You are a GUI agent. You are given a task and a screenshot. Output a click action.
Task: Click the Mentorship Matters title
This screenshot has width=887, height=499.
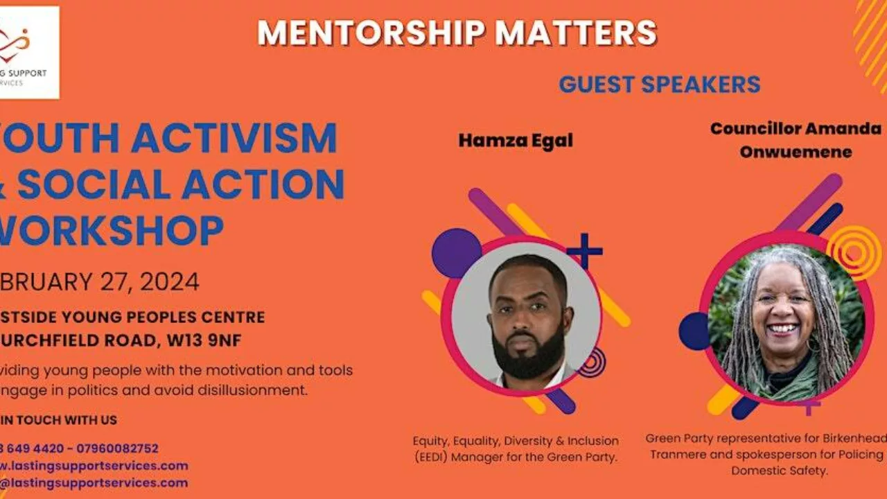457,33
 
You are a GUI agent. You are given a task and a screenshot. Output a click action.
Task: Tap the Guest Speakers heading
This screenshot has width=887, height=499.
660,85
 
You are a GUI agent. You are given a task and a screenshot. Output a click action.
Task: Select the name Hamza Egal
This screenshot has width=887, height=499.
516,141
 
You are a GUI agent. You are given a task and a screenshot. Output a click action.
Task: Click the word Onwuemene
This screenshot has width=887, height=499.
796,152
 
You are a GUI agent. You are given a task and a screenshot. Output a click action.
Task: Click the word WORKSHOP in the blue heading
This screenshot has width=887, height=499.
111,231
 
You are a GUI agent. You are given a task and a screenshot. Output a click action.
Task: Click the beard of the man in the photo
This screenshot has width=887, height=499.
528,354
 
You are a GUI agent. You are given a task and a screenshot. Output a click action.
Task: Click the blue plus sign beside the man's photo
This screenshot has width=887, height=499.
585,251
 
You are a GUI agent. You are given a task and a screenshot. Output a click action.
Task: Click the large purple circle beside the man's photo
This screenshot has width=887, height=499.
456,253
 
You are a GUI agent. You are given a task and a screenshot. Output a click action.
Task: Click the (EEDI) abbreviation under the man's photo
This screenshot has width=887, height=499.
434,457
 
